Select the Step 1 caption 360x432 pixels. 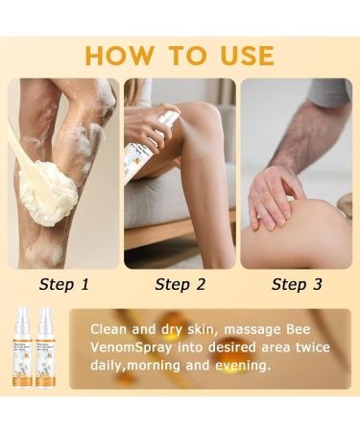63,283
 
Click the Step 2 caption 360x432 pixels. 180,283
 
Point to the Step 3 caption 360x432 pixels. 296,283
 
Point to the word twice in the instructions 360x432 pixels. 310,348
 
